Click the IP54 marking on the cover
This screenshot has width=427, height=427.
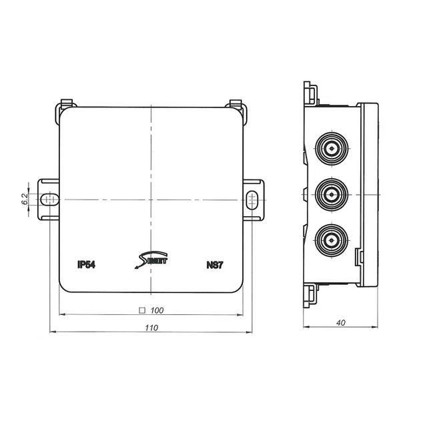click(x=86, y=264)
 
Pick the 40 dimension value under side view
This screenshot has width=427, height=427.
click(x=341, y=323)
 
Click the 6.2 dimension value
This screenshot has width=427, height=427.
click(x=25, y=199)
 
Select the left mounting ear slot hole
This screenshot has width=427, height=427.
click(x=46, y=199)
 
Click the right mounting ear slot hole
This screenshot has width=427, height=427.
click(x=252, y=199)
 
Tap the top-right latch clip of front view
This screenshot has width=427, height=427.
click(x=235, y=105)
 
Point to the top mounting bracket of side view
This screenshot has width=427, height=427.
click(x=310, y=94)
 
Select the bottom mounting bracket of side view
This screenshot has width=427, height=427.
click(x=310, y=294)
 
